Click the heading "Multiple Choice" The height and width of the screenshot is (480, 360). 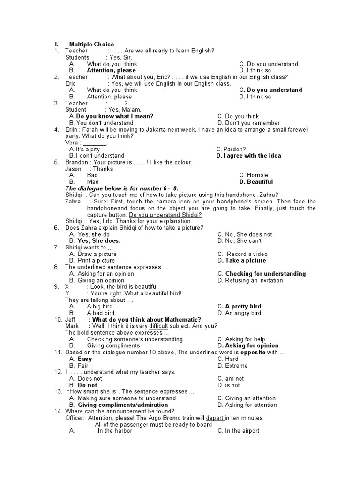click(91, 45)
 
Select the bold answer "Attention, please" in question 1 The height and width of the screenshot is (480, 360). click(112, 71)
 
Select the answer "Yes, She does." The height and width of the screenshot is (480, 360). click(99, 241)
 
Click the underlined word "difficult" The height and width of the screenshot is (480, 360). click(158, 326)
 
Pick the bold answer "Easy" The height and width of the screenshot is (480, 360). click(85, 359)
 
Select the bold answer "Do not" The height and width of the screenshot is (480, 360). click(87, 385)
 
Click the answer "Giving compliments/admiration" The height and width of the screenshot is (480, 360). click(123, 405)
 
